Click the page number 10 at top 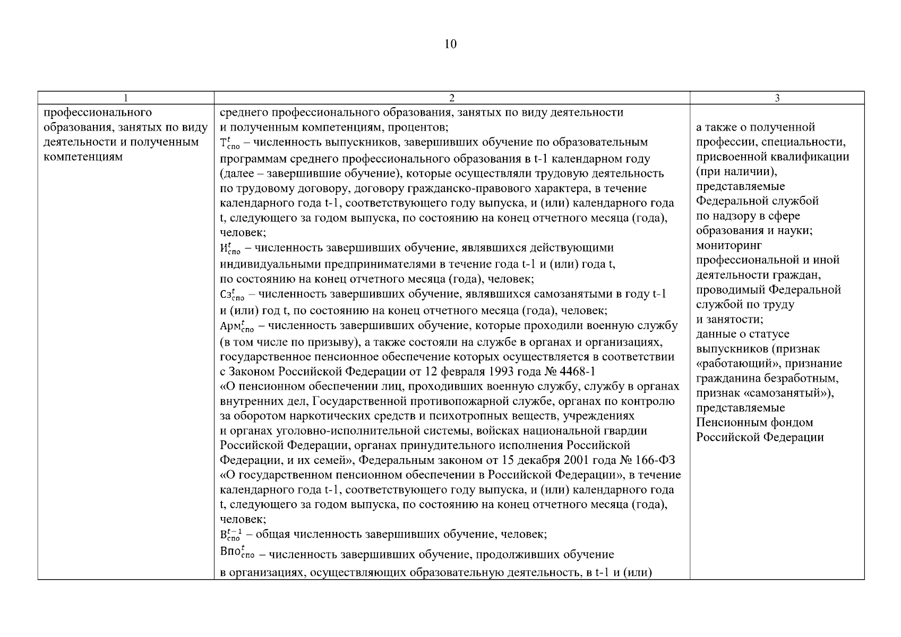pos(450,44)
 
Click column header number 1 pos(125,98)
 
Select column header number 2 pos(452,98)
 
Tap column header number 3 pos(777,98)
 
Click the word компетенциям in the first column pos(83,157)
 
